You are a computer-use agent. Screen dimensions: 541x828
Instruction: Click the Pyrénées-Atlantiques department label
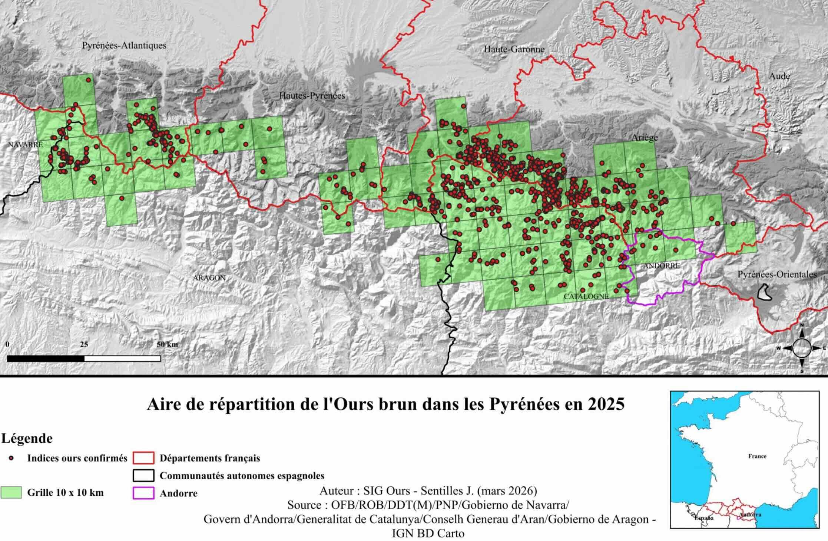(124, 46)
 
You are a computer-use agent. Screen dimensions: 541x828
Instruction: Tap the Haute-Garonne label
(514, 49)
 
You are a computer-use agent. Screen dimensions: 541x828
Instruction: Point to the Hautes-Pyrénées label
(312, 96)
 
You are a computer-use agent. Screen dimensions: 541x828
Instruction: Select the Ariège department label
(645, 138)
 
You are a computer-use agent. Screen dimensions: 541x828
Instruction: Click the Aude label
(779, 76)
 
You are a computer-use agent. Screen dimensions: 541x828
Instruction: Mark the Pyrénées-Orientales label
(777, 275)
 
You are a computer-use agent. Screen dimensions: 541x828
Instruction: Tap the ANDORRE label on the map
(662, 266)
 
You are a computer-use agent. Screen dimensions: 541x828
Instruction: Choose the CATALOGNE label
(586, 296)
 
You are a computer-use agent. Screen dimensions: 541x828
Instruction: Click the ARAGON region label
(209, 278)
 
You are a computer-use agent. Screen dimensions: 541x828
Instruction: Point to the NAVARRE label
(26, 145)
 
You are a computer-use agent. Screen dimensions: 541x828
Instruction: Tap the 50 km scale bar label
(167, 344)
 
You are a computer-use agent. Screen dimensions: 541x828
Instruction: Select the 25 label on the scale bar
(84, 344)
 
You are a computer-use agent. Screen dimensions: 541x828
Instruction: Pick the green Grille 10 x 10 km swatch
(11, 492)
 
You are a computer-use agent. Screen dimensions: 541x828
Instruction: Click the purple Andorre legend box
(143, 493)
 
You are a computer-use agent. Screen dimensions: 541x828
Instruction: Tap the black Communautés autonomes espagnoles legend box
(143, 476)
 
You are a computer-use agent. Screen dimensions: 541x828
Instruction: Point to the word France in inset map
(757, 456)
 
